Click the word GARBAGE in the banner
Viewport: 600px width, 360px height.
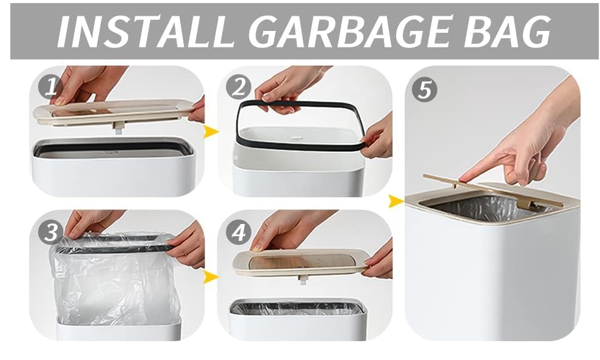352,32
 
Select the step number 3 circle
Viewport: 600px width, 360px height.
51,232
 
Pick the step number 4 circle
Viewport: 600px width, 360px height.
238,232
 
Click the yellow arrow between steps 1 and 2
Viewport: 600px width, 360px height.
211,132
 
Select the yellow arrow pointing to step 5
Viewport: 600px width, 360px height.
396,201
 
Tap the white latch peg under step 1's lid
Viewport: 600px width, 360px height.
118,127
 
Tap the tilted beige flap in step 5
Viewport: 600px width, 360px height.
494,191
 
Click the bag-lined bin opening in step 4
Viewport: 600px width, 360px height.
298,308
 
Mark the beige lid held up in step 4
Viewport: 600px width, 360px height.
302,262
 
